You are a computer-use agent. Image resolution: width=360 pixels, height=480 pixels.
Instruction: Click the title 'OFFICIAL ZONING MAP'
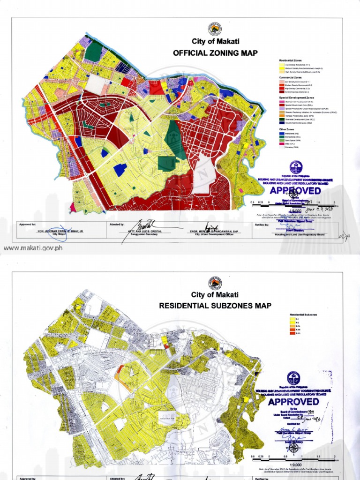[215, 53]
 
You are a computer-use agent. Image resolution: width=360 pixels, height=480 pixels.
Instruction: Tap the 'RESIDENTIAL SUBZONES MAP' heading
[215, 306]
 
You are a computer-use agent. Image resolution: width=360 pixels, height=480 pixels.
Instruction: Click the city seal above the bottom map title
[215, 282]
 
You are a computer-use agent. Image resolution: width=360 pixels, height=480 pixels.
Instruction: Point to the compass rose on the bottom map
[294, 448]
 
